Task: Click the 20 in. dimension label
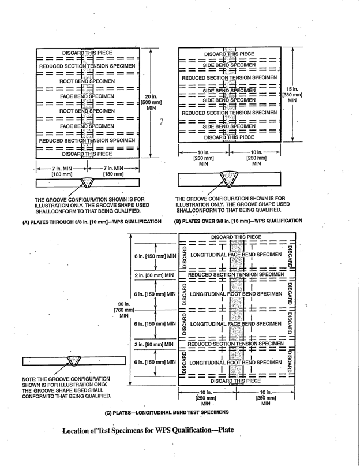pyautogui.click(x=151, y=96)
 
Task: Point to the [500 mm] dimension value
pyautogui.click(x=152, y=102)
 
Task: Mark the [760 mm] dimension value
pyautogui.click(x=123, y=311)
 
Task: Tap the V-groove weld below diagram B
pyautogui.click(x=232, y=178)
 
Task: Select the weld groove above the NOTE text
pyautogui.click(x=74, y=361)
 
